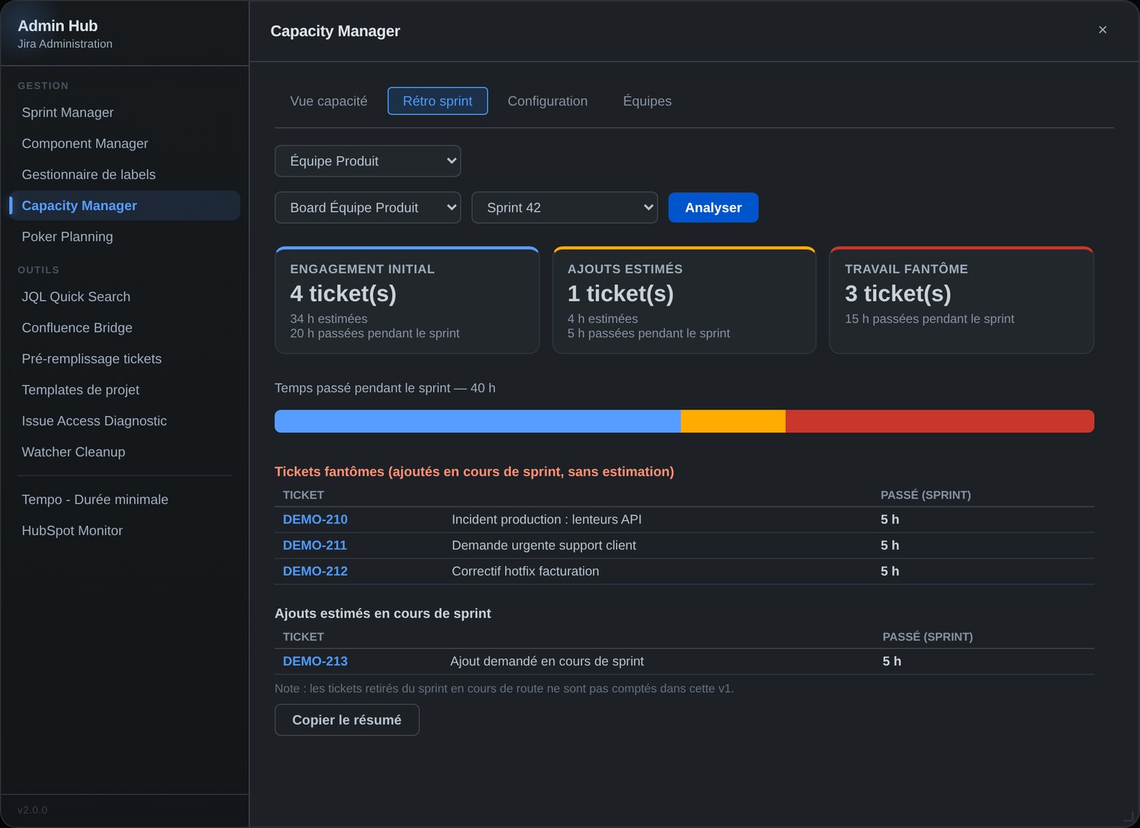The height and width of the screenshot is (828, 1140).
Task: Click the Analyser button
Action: tap(713, 207)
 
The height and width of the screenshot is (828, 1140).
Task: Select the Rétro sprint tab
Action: tap(437, 101)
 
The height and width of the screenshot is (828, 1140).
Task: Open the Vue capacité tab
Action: tap(328, 101)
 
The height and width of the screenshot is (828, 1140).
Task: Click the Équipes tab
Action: tap(647, 101)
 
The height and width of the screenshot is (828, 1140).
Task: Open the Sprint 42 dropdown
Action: tap(565, 207)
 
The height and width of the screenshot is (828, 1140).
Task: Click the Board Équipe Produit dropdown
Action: tap(367, 207)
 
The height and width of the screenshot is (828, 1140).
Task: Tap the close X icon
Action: tap(1102, 30)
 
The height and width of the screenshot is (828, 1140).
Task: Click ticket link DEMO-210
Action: tap(315, 520)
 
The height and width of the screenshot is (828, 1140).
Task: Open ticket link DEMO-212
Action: tap(315, 571)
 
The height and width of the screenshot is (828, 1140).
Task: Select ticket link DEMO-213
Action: tap(315, 661)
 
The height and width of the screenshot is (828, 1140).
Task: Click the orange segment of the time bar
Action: tap(733, 421)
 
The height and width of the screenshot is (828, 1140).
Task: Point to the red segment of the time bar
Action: tap(939, 421)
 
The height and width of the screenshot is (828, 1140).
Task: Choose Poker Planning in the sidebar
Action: tap(67, 236)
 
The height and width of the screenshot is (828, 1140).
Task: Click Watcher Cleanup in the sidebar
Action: tap(73, 452)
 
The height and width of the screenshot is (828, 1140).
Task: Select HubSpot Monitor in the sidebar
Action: tap(72, 530)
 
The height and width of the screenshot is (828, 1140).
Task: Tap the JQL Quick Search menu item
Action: tap(76, 296)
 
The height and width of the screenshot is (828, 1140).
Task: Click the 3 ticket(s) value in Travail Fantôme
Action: tap(898, 293)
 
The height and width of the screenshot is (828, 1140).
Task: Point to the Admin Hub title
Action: tap(58, 25)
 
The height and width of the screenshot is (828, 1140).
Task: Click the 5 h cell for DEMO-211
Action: tap(890, 545)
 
